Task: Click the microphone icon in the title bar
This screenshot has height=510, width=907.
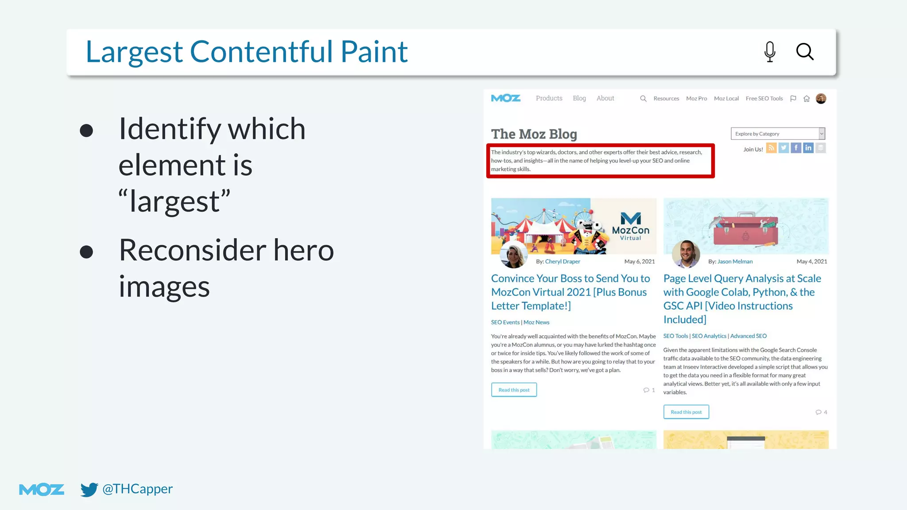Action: tap(770, 52)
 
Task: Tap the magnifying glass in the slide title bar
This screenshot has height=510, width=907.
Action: tap(805, 52)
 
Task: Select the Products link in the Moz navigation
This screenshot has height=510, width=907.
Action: tap(549, 98)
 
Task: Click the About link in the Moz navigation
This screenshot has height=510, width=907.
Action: tap(605, 98)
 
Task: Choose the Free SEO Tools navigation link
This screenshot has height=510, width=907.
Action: tap(764, 98)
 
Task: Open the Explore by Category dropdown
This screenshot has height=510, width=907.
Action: tap(778, 134)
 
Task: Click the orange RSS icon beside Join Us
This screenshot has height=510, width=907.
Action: tap(771, 148)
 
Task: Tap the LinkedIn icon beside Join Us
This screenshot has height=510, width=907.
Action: tap(808, 148)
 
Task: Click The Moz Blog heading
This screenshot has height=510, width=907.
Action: tap(534, 134)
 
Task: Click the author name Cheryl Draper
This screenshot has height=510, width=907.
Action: tap(562, 262)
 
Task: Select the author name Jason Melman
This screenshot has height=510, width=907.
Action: tap(735, 262)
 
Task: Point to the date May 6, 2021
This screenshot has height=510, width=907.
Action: tap(639, 262)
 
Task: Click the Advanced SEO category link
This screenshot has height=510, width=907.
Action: tap(748, 336)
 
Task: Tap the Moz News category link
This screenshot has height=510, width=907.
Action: tap(536, 322)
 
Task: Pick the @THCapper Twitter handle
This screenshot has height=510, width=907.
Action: tap(137, 489)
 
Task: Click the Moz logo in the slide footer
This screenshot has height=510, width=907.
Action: tap(42, 490)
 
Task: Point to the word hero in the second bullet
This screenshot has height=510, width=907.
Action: tap(303, 250)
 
